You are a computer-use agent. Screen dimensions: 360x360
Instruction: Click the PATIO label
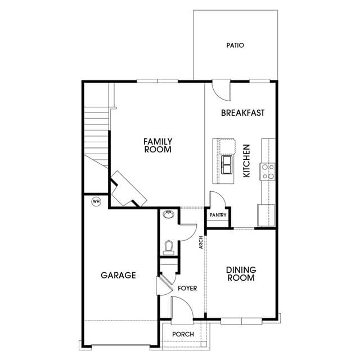click(x=235, y=45)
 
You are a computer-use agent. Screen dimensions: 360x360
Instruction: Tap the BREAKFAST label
click(x=242, y=112)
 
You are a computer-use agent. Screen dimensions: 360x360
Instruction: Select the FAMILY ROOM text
click(x=157, y=145)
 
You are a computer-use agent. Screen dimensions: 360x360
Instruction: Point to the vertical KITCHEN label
click(x=246, y=161)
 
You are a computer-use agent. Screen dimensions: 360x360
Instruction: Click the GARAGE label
click(x=118, y=275)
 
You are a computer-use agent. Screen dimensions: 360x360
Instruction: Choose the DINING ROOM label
click(x=241, y=274)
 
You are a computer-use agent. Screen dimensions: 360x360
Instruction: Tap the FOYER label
click(x=187, y=288)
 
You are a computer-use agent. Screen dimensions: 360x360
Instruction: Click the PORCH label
click(x=183, y=334)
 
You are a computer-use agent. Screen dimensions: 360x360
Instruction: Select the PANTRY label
click(x=218, y=215)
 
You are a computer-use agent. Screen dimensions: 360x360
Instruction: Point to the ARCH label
click(x=201, y=242)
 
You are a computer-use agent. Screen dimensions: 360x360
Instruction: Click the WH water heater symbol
click(x=96, y=201)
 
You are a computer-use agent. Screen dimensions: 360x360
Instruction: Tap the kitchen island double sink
click(x=227, y=165)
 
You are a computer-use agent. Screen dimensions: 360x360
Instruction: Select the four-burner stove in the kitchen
click(x=267, y=172)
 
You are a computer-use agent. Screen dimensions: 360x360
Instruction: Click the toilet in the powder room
click(x=169, y=247)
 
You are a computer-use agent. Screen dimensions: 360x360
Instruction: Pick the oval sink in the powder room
click(x=169, y=214)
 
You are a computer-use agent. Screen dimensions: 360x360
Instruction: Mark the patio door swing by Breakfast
click(x=222, y=91)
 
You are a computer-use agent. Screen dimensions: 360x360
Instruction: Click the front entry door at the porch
click(x=182, y=310)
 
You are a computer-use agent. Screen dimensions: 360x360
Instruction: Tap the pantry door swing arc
click(x=218, y=199)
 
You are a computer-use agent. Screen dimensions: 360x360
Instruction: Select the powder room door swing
click(x=188, y=232)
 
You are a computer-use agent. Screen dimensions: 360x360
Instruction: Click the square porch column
click(x=204, y=344)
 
